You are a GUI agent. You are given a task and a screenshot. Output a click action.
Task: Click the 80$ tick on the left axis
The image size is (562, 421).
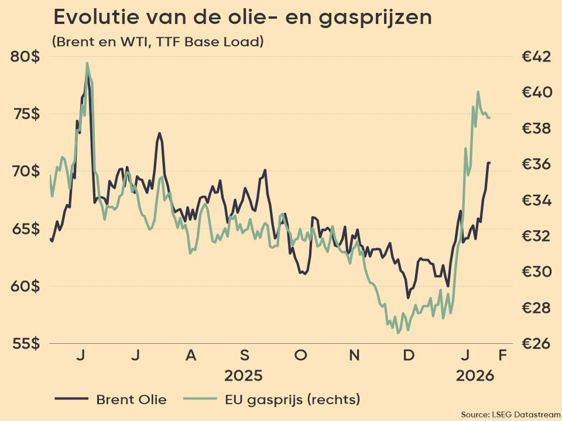click(25, 57)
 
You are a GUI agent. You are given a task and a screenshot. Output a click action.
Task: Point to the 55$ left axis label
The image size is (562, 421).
click(25, 343)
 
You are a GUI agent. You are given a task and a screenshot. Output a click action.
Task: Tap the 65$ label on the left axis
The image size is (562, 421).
click(25, 229)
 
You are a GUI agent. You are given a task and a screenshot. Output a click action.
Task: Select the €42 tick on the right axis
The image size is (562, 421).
click(536, 57)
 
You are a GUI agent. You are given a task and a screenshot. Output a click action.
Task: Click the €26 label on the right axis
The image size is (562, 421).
click(536, 343)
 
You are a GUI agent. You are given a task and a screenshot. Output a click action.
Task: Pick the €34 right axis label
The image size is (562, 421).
click(536, 201)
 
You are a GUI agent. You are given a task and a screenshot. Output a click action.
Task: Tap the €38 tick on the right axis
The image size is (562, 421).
click(536, 129)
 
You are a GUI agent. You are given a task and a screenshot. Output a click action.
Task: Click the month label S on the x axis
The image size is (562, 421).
click(245, 356)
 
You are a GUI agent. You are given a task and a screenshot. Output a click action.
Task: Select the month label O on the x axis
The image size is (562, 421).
click(300, 356)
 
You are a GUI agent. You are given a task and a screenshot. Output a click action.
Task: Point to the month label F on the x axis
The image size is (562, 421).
click(502, 356)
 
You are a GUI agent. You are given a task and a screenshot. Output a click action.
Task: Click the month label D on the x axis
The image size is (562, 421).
click(409, 356)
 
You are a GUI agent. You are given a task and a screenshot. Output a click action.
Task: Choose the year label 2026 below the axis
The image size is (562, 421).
click(475, 375)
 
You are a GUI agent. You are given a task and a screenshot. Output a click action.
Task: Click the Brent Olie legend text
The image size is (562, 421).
click(131, 400)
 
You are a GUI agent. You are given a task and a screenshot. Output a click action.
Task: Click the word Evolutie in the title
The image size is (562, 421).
click(94, 18)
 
